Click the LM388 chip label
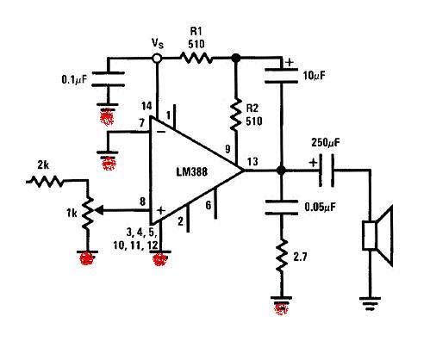191,171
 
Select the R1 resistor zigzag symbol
196,58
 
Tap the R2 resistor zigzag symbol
236,115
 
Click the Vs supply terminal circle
157,59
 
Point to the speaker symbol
377,235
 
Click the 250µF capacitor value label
326,142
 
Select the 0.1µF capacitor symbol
108,79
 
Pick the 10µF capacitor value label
315,76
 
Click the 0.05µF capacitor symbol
281,208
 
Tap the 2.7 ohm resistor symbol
282,256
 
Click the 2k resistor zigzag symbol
46,182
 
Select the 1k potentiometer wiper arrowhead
99,211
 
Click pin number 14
146,106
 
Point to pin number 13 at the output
252,161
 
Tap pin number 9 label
227,149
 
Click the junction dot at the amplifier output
281,171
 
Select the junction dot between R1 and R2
236,58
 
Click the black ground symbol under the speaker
370,304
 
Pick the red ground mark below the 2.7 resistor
281,308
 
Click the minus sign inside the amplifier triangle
161,132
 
